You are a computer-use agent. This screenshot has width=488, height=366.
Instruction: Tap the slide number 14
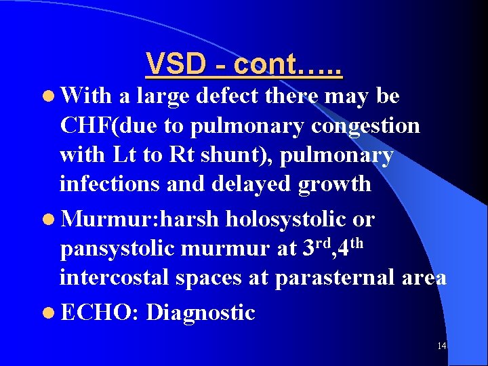441,346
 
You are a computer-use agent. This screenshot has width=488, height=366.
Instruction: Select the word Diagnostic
201,312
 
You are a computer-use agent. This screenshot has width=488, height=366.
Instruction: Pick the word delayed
268,184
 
